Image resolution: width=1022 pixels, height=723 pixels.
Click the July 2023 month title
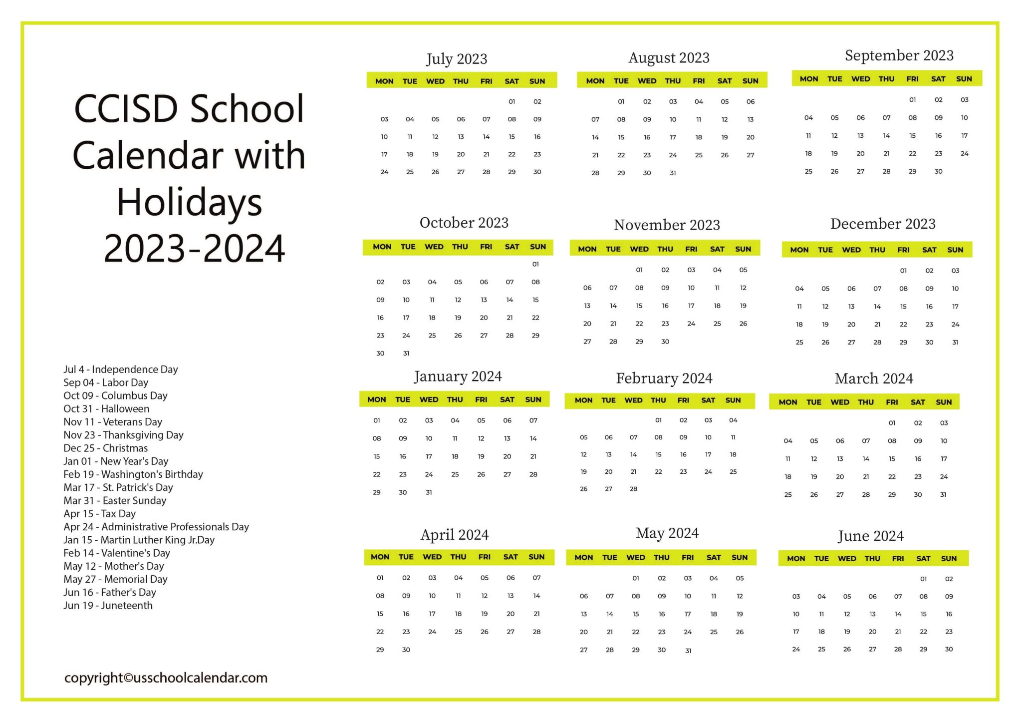[456, 59]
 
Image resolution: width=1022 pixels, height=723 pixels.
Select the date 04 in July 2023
[410, 119]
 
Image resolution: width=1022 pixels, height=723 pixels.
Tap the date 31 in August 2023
[673, 173]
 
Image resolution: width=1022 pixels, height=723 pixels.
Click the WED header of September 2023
[860, 79]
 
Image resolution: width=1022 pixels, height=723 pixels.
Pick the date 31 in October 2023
[406, 354]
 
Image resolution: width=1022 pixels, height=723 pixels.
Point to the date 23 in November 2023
[665, 324]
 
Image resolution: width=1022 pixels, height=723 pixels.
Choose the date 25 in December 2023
[799, 343]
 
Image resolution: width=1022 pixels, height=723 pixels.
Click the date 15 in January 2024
[377, 457]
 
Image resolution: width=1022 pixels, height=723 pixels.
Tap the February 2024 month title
[664, 378]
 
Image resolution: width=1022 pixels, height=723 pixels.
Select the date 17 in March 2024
[944, 459]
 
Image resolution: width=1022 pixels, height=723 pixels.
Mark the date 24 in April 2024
[432, 632]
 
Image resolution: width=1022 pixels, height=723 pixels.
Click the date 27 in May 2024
[584, 650]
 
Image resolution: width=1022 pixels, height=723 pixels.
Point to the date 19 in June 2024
[847, 632]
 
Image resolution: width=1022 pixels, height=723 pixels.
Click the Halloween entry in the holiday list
[106, 409]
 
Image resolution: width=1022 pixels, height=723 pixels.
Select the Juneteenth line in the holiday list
[108, 606]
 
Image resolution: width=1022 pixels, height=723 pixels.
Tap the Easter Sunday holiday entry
[115, 501]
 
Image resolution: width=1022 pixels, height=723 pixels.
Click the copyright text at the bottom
[166, 678]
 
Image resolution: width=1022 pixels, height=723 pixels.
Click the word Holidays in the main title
[189, 202]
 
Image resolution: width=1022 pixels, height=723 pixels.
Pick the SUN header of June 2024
[949, 559]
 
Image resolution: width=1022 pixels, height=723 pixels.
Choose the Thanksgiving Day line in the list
[123, 435]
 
